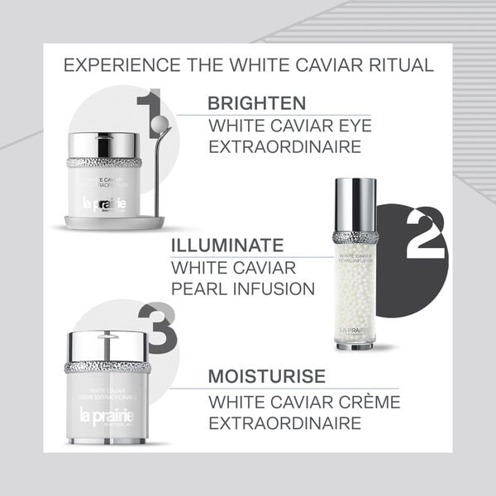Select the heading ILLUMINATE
tap(227, 246)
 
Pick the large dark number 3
tap(158, 327)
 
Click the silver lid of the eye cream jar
tap(104, 144)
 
